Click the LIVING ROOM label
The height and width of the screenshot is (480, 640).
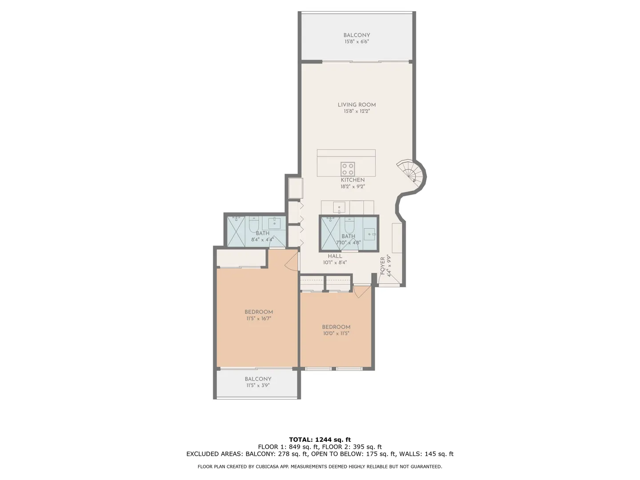click(x=356, y=104)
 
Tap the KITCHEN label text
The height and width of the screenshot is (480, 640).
click(x=352, y=180)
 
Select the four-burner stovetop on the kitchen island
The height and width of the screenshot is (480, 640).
click(x=348, y=169)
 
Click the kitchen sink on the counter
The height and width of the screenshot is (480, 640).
click(x=339, y=208)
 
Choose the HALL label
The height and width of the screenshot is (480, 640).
click(x=335, y=256)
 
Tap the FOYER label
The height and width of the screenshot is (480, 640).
click(x=383, y=266)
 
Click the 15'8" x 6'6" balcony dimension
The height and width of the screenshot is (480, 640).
click(x=356, y=41)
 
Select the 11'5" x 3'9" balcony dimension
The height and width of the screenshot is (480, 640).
click(x=258, y=385)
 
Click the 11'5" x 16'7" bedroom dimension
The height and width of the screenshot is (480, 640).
click(x=259, y=318)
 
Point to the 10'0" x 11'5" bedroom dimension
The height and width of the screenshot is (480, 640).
click(x=336, y=333)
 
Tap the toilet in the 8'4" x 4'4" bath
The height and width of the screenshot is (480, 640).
click(x=254, y=224)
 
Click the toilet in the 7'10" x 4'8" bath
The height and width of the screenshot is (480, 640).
click(x=349, y=225)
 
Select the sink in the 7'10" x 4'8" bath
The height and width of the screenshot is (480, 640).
click(x=370, y=234)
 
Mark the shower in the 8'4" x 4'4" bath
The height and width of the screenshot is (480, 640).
click(x=236, y=232)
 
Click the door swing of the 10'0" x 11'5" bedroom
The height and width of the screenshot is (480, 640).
click(x=361, y=292)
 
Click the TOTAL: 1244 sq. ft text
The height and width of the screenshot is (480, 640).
click(x=320, y=440)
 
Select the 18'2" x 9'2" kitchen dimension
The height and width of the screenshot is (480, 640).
click(x=352, y=187)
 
